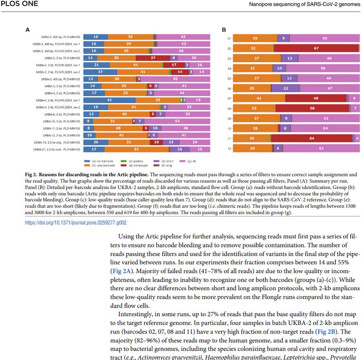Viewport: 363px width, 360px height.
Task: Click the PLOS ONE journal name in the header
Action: point(19,4)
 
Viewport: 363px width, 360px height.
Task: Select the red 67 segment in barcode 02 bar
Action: point(317,48)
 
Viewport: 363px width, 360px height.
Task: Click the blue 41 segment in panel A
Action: point(109,99)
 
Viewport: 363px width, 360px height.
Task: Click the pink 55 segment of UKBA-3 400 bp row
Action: point(175,79)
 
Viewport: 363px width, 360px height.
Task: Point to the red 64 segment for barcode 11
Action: point(311,138)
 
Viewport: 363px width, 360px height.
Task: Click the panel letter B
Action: point(223,29)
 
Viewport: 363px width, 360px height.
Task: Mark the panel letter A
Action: point(27,29)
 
